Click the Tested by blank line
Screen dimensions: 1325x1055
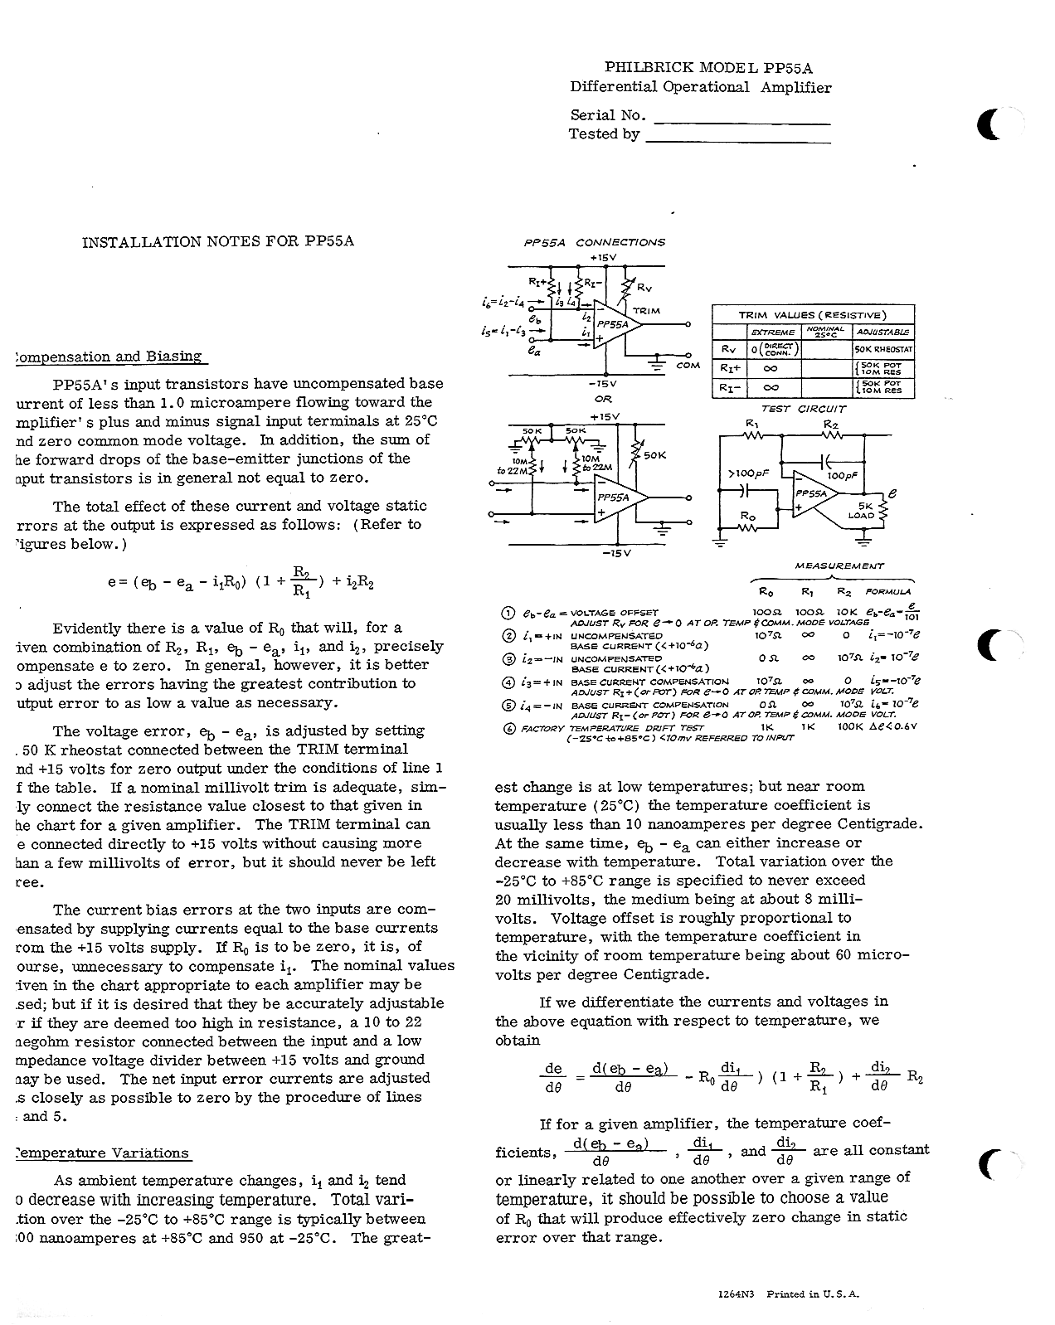point(737,142)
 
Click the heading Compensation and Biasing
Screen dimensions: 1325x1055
point(109,357)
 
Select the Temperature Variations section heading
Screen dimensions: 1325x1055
point(103,1153)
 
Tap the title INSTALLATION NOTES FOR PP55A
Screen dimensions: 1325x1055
point(218,242)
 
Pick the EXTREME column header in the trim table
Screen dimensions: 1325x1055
point(772,332)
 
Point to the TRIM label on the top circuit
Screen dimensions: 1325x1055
point(646,311)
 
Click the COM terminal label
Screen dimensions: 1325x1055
point(688,365)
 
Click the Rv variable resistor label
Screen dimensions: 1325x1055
point(644,288)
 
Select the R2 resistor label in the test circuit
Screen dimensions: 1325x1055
point(830,424)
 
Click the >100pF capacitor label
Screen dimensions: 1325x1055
point(744,473)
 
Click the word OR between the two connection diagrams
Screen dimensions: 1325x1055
point(603,399)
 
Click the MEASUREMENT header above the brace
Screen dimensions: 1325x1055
point(839,565)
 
